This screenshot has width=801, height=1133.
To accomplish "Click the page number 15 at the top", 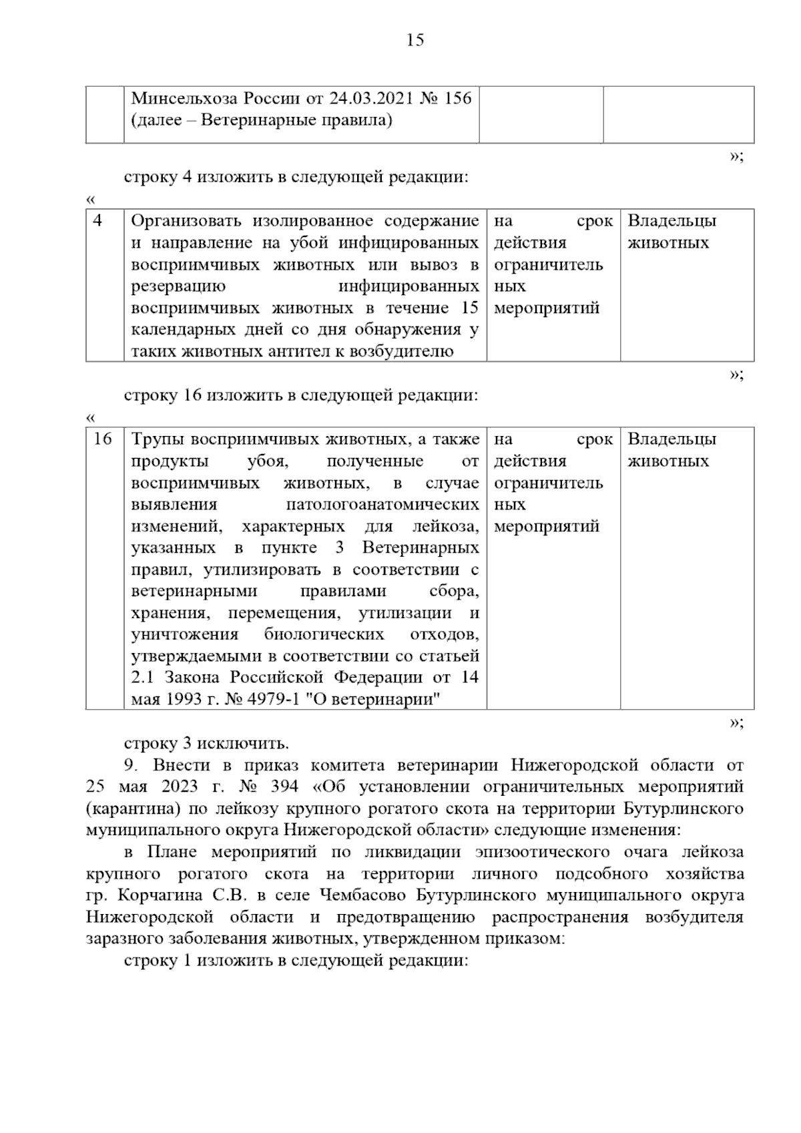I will [x=415, y=40].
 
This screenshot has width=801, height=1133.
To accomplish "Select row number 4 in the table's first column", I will [x=98, y=221].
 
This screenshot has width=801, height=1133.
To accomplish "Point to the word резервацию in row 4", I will [x=178, y=286].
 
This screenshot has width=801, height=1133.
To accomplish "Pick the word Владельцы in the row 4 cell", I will [x=672, y=221].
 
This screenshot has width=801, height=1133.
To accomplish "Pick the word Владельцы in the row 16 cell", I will [x=672, y=439].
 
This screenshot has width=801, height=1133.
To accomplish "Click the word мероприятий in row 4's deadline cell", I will [x=547, y=308].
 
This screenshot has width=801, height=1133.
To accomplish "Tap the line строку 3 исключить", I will [x=206, y=744].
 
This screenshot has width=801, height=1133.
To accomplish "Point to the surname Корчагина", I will [x=154, y=896].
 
